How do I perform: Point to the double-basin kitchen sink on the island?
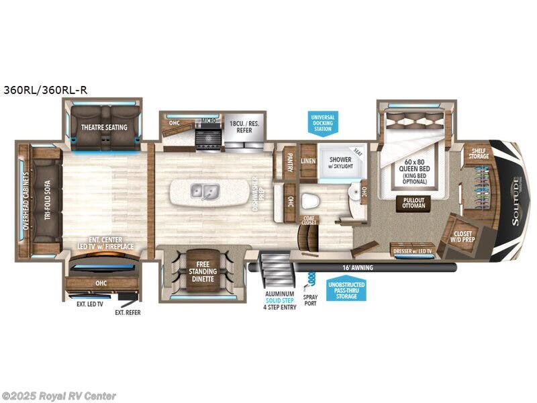tap(206, 191)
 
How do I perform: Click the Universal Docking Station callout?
tap(322, 123)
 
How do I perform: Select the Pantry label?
tap(289, 161)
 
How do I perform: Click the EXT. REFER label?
tap(128, 312)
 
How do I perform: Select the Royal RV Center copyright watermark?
tap(59, 396)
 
